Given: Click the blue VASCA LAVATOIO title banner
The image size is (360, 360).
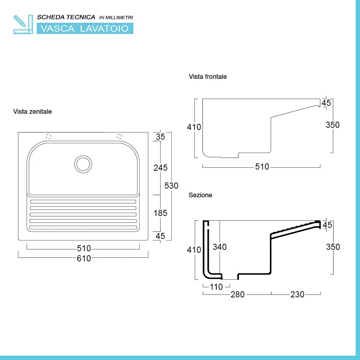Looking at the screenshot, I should pos(85,28).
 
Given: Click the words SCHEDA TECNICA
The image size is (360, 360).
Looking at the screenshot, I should pos(66,17).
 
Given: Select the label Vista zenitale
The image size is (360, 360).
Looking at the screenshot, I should pos(32,112).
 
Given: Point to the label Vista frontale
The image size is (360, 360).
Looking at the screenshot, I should pos(208,77).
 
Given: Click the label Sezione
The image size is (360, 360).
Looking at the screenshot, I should pos(200,195).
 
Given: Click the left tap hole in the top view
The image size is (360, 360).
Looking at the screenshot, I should pos(49,136).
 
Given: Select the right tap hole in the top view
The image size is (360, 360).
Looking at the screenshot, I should pos(120,136).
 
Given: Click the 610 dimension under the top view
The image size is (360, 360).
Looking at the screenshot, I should pos(84,258).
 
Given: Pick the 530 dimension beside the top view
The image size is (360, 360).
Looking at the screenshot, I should pos(171,186).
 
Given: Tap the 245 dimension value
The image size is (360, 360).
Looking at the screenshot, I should pos(161,168).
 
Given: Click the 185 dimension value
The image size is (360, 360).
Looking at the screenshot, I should pos(161,213).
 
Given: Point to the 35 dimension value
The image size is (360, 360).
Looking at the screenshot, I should pos(161,137).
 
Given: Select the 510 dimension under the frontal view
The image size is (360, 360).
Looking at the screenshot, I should pos(262,167).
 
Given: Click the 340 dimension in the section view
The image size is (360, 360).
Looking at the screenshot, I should pos(219,247).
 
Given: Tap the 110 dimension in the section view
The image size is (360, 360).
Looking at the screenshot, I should pos(216,287).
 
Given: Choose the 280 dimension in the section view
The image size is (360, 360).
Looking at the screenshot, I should pos(237,294).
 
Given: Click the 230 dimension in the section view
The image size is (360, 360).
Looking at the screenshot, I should pos(297,294).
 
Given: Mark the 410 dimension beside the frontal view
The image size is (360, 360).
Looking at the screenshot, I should pos(194,127).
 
